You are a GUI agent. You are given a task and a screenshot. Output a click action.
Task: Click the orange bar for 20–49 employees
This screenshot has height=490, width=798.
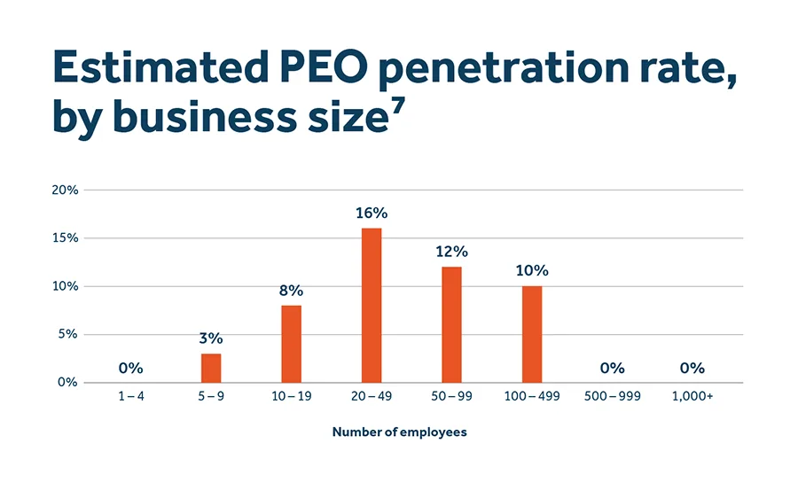[372, 306]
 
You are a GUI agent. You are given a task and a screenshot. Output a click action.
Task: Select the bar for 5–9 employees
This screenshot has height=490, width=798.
[211, 368]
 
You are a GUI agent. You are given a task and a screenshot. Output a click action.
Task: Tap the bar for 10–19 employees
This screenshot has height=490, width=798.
[291, 344]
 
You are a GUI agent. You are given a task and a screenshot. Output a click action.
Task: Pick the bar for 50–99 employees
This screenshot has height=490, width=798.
[451, 324]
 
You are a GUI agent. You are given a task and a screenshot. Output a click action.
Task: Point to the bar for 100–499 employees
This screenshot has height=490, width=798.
[531, 334]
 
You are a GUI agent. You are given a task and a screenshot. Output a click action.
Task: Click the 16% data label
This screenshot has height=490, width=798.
[372, 214]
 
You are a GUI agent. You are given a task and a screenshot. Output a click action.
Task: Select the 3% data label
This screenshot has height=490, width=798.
[211, 338]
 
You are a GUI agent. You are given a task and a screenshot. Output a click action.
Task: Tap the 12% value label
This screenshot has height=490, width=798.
[451, 252]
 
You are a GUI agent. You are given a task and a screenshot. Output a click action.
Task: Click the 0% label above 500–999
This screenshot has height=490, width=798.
[612, 368]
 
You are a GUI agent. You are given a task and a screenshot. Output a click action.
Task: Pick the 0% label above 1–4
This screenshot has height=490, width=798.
[130, 368]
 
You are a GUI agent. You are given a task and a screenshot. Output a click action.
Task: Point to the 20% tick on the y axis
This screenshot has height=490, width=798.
[66, 191]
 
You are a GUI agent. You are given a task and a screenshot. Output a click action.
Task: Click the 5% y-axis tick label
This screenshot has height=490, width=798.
[69, 335]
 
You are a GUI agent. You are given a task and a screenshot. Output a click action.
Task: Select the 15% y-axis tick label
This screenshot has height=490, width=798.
[66, 238]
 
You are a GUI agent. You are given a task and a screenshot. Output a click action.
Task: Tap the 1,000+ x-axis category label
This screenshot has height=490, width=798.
[692, 397]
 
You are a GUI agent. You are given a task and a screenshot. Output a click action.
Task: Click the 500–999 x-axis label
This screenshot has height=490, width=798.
[612, 397]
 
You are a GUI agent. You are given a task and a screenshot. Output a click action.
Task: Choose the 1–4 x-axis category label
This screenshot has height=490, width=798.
[130, 397]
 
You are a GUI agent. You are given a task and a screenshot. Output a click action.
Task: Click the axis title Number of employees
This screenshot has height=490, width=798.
[399, 432]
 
